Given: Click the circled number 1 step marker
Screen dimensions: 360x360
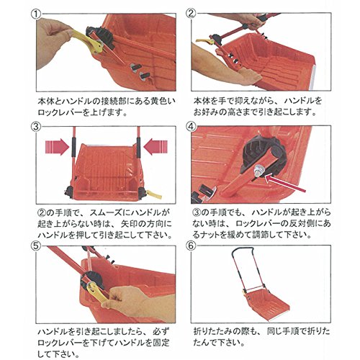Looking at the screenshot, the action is coord(36,14).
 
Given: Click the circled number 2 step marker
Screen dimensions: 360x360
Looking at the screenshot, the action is coord(191,14).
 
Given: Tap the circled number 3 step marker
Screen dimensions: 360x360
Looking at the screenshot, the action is coord(36,127).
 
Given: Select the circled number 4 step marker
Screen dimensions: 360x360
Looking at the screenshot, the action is coord(191,126).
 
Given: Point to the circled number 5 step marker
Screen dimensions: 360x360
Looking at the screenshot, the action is coord(36,246).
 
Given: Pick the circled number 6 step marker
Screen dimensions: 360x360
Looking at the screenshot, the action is coord(191,246).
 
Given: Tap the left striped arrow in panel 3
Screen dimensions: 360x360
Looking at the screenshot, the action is coord(57,147).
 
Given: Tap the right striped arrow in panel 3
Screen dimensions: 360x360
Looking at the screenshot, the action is coord(156,147).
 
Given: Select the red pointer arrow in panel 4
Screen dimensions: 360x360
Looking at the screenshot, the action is coord(285,183).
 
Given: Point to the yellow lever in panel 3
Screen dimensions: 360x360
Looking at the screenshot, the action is coord(154,194).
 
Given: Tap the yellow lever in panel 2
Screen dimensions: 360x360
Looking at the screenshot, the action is coord(204,42).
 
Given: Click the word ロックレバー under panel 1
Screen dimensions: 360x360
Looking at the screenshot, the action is coord(60,112).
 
